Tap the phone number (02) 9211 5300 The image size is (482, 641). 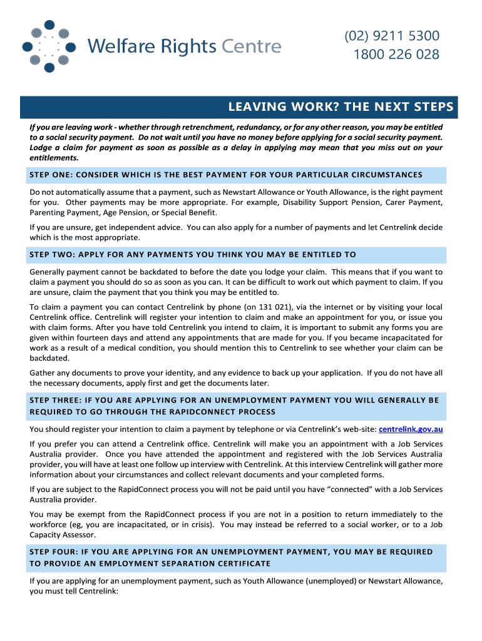point(392,36)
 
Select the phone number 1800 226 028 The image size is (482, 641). point(396,54)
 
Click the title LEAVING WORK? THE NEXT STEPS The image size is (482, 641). point(341,107)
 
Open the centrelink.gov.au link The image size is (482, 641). point(411,429)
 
